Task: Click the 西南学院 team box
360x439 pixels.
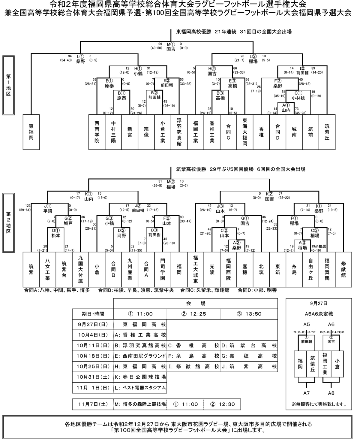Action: pos(97,132)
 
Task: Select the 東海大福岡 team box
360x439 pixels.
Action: pos(245,132)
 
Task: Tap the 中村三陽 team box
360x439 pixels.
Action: pos(113,132)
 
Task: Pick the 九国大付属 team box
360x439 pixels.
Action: pos(80,269)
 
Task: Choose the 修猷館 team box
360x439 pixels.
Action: pos(343,269)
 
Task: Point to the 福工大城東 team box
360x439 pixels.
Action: pos(196,269)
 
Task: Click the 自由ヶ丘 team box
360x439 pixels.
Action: pos(310,269)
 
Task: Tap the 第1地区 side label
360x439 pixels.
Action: pos(8,85)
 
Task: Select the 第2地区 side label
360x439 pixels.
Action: pos(8,223)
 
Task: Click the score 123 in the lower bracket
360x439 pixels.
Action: pos(28,206)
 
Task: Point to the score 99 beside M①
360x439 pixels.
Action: pos(160,44)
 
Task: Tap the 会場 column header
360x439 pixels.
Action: pos(195,304)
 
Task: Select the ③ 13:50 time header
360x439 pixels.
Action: pos(249,314)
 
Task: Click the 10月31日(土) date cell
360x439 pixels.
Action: pos(92,377)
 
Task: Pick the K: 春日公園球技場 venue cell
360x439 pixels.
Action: pos(140,377)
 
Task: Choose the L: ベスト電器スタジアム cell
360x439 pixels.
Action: pos(140,388)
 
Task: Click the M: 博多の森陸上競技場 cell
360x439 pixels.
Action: pos(140,404)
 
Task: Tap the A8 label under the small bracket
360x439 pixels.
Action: pos(331,393)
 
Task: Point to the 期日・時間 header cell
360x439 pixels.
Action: pos(92,314)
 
